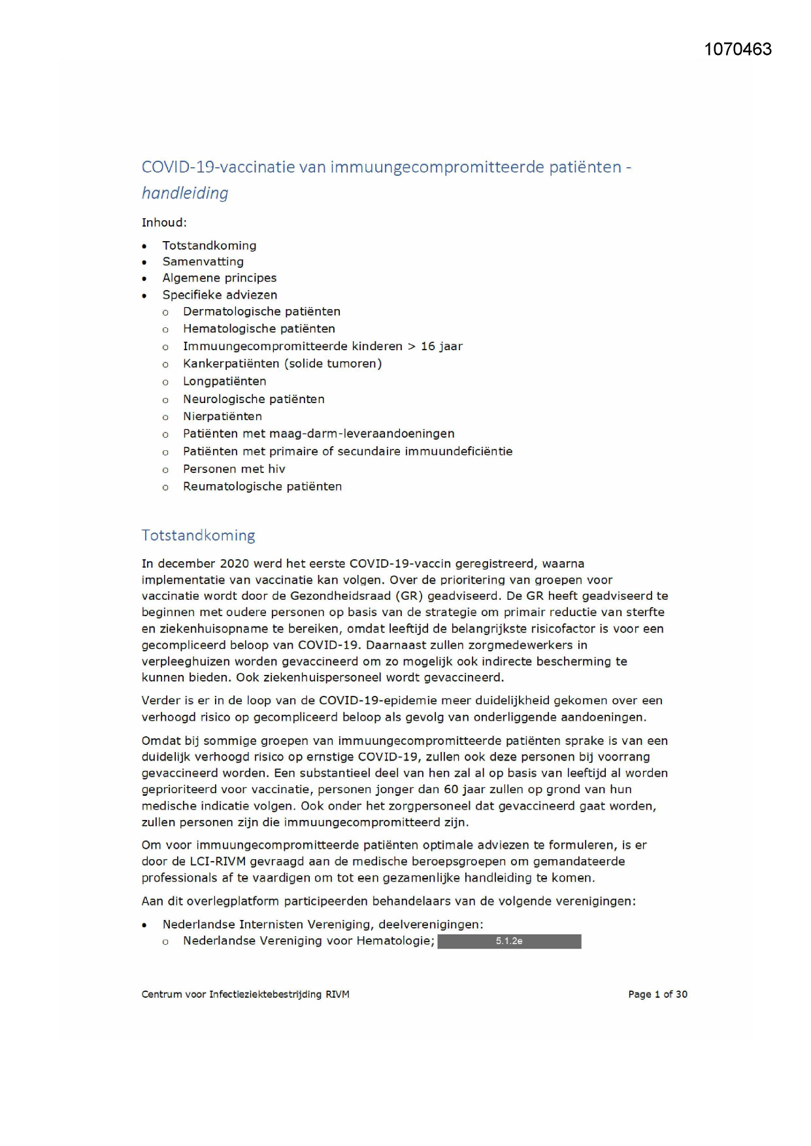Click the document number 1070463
point(738,50)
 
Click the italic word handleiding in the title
point(185,193)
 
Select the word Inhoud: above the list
point(164,223)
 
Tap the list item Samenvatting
point(203,262)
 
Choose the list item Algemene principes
point(219,278)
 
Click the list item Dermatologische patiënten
point(261,312)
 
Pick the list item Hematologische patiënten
point(259,329)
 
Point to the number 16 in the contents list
point(427,346)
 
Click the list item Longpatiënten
point(224,382)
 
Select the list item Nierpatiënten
point(222,417)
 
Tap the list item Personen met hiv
point(234,469)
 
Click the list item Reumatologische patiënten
point(262,487)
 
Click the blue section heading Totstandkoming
point(198,536)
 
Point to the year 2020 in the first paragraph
point(235,564)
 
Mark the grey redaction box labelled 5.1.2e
point(509,941)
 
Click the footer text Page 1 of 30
point(657,994)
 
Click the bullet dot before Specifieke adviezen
point(144,296)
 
